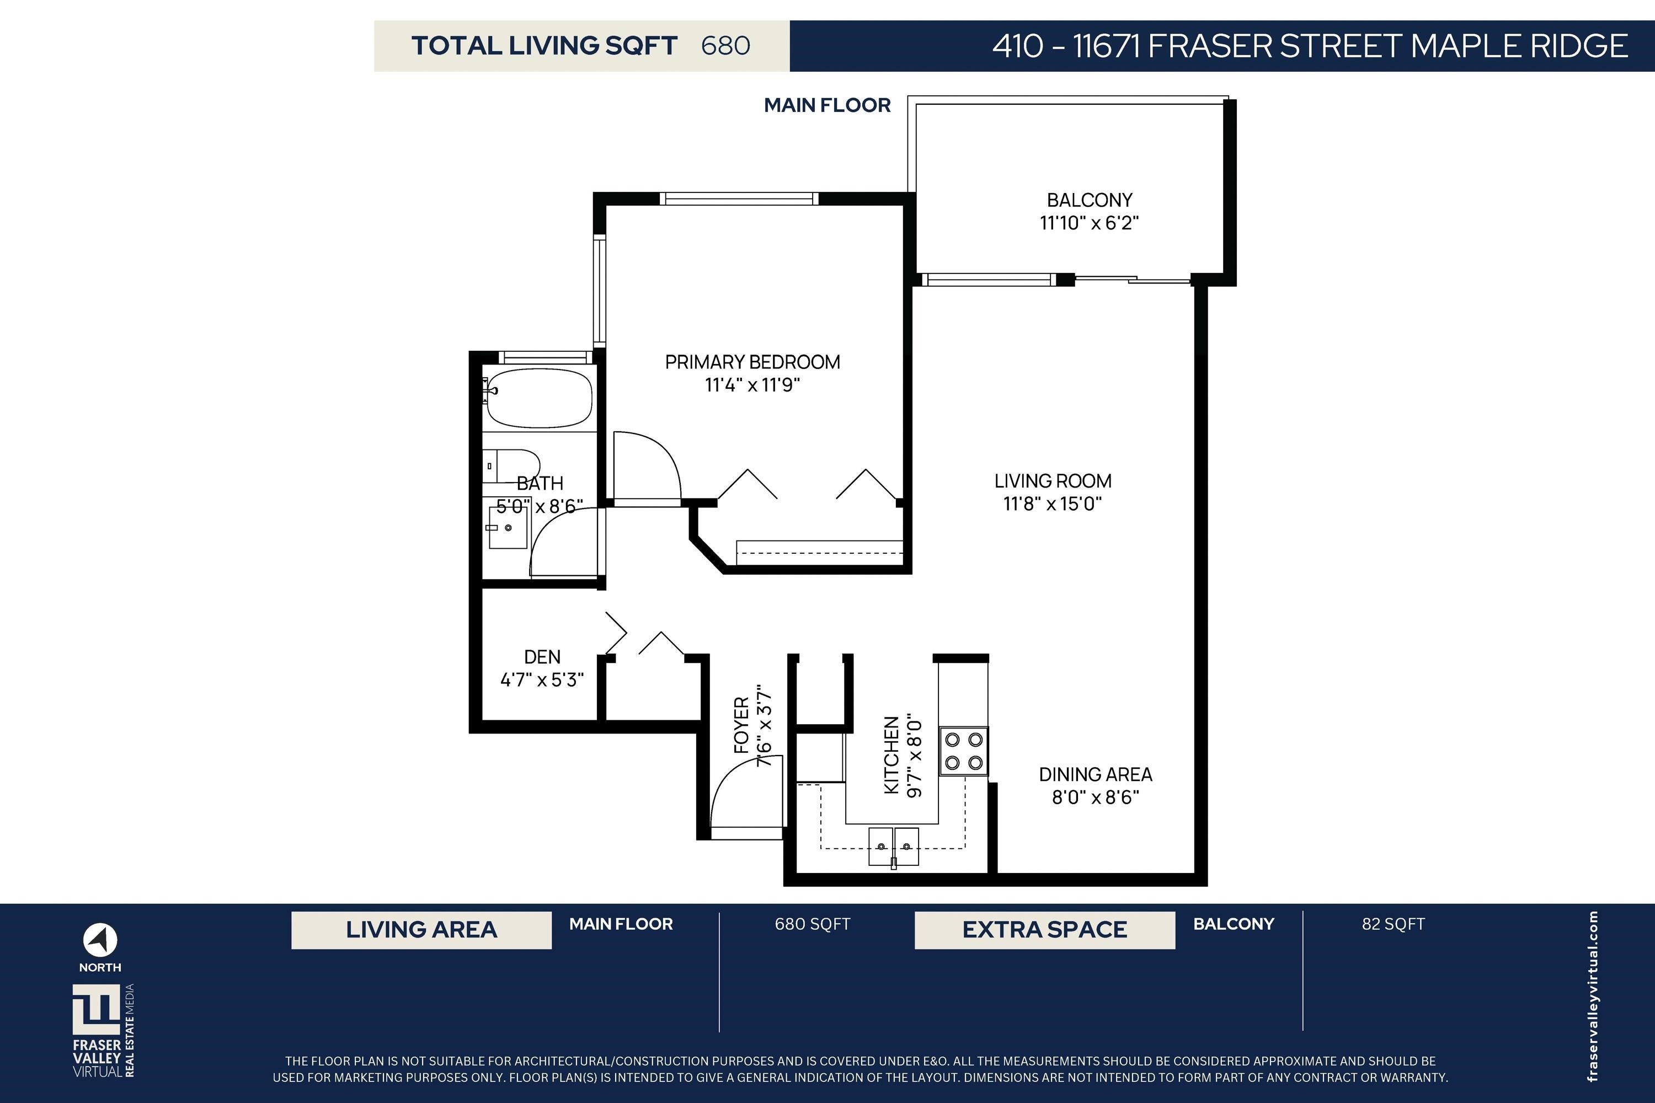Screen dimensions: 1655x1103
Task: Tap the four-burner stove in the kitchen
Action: point(964,751)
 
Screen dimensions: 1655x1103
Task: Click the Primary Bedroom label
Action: point(752,362)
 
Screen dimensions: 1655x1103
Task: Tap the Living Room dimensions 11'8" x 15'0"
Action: point(1053,504)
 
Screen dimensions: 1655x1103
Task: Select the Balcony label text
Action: point(1089,201)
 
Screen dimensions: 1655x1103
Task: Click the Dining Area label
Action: point(1096,774)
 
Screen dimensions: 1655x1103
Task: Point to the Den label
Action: point(542,657)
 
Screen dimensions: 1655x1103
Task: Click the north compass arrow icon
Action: point(100,940)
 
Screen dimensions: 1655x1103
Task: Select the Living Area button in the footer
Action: point(421,930)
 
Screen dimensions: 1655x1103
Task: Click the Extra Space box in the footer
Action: point(1045,930)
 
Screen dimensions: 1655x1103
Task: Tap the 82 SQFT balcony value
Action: point(1394,924)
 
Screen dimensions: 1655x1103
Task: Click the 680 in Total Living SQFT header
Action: point(725,46)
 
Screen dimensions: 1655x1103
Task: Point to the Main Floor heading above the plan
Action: point(827,105)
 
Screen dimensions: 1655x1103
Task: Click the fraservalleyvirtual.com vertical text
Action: point(1593,996)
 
